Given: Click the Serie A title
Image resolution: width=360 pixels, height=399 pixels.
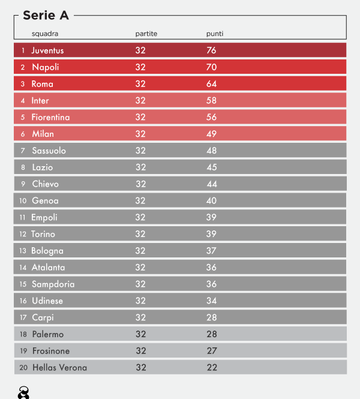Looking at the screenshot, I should pos(45,16).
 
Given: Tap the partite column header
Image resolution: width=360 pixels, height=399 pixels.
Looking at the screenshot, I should pos(146,34).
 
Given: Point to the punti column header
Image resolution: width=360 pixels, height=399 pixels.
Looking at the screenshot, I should pos(215,34).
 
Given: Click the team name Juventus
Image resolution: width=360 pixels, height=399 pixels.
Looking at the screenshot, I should pos(47,50).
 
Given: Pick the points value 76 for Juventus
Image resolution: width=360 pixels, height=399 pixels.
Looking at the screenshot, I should pos(211,50).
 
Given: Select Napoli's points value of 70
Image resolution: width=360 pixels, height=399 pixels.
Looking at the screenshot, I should pos(211,67).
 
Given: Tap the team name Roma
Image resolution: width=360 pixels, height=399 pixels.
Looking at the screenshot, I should pos(43,84).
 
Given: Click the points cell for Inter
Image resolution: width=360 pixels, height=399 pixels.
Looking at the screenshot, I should pos(211,100).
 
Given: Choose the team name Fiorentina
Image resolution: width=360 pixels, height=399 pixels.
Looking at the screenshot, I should pos(50,117).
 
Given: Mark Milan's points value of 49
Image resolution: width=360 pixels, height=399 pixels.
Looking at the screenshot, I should pos(211,134).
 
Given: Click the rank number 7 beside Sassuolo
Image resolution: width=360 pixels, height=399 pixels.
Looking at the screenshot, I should pos(23,151).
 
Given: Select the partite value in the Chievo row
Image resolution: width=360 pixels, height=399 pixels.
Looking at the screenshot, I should pos(140,184).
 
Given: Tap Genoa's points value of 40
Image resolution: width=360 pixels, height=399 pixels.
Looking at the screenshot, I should pos(211,200).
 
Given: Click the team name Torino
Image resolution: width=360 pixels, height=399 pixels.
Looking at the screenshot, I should pos(43,234).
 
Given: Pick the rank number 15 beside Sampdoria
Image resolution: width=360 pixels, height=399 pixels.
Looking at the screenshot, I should pos(23,284).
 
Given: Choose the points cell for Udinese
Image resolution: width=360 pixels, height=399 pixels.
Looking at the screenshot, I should pos(211,301).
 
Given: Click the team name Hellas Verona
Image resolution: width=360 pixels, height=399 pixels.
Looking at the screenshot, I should pos(59,367).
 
